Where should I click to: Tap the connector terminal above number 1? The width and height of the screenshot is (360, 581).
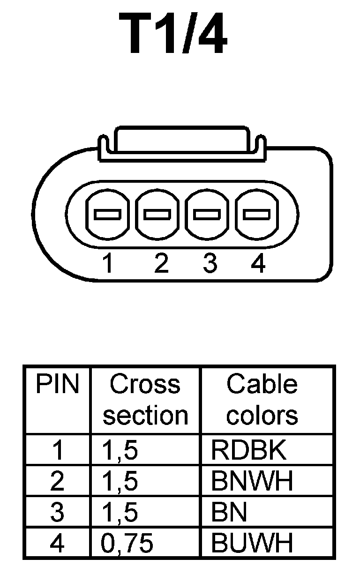[x=108, y=215]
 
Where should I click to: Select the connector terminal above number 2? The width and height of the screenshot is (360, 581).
[x=157, y=215]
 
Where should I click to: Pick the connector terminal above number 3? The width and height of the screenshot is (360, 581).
[x=207, y=215]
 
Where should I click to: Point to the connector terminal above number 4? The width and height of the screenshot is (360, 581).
[x=256, y=215]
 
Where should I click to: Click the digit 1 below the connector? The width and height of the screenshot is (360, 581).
[x=108, y=264]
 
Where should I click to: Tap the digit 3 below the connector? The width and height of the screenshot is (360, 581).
[x=210, y=264]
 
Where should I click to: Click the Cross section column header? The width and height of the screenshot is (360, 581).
[x=145, y=400]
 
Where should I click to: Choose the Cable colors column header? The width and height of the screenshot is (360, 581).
[x=262, y=400]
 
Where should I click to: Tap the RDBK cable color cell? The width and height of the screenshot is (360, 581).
[x=248, y=450]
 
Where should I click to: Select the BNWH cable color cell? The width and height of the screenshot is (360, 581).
[x=252, y=481]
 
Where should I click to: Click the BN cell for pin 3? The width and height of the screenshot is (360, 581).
[x=229, y=513]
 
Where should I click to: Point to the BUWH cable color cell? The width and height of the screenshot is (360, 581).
[x=252, y=544]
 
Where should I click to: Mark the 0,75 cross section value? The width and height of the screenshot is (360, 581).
[x=127, y=544]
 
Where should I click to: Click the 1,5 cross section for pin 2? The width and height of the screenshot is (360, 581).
[x=120, y=481]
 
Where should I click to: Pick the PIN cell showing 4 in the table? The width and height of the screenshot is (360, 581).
[x=57, y=544]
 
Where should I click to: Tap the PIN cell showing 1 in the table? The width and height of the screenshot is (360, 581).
[x=57, y=450]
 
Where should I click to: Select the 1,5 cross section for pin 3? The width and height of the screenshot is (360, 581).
[x=120, y=513]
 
